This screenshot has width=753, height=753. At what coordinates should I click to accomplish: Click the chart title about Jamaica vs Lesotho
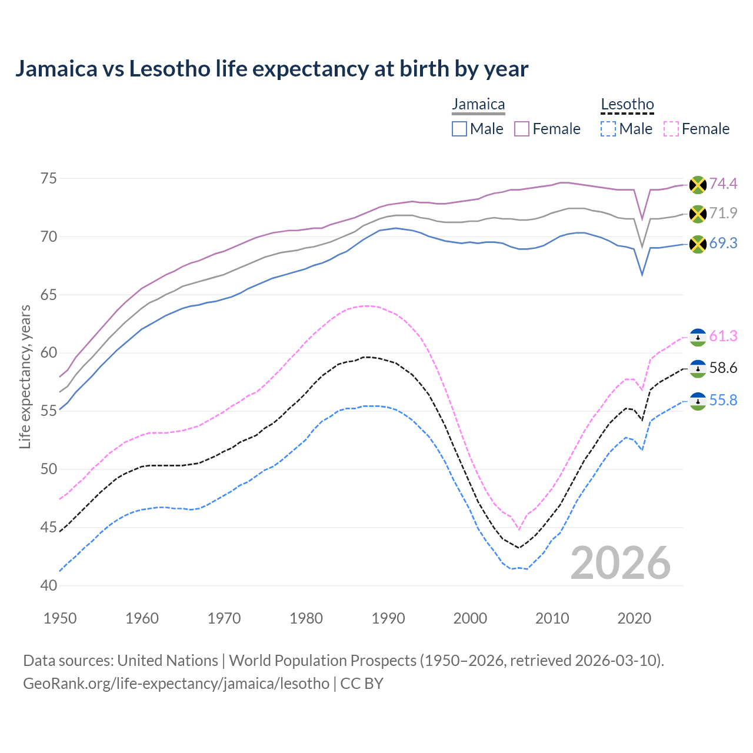[271, 69]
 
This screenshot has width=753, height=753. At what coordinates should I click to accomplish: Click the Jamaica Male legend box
[459, 129]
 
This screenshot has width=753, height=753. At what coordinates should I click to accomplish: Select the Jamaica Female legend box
[522, 129]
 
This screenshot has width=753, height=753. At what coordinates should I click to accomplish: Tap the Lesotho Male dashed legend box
[608, 129]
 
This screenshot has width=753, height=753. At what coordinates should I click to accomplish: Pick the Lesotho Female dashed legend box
[671, 129]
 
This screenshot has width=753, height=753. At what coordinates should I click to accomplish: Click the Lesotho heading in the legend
[627, 105]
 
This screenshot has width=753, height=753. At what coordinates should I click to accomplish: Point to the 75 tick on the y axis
[49, 178]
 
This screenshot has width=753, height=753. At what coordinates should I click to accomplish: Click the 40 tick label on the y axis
[49, 586]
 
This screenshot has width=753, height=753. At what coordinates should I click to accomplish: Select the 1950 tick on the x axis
[60, 618]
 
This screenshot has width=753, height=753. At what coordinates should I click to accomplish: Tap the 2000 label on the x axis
[470, 618]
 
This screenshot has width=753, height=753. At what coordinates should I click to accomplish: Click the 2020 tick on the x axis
[634, 618]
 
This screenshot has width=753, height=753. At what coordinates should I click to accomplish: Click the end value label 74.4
[723, 184]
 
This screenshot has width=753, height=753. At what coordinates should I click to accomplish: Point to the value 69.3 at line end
[723, 244]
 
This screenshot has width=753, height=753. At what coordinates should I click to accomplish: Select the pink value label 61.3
[723, 336]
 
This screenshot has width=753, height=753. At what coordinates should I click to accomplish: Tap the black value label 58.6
[723, 368]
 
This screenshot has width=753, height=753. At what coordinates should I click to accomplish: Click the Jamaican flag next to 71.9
[698, 214]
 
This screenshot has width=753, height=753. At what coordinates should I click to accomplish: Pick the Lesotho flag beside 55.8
[698, 401]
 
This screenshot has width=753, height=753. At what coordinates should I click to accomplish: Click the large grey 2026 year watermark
[621, 563]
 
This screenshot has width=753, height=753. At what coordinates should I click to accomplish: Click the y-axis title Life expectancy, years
[25, 376]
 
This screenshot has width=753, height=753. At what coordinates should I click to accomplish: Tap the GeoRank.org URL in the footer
[176, 684]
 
